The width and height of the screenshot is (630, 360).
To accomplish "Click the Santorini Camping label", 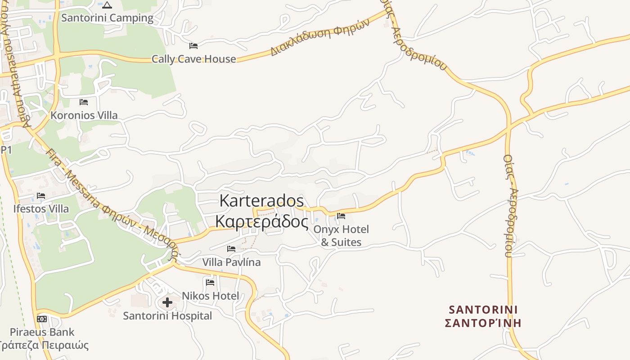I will point(107,18).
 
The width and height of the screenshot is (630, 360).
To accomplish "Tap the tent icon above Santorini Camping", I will point(107,5).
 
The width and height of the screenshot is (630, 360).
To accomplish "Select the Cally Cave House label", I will point(193,59).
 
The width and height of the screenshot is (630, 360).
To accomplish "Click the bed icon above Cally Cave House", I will point(193,46).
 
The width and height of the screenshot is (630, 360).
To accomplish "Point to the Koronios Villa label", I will point(84,115).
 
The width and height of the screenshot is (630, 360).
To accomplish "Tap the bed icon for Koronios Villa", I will point(84,103).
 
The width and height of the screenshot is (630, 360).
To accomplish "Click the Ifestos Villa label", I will point(41,209).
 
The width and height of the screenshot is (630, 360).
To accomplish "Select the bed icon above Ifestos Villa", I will point(41,196).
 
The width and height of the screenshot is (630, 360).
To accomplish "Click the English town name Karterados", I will point(261,201).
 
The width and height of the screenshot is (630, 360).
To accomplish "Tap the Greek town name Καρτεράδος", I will point(261,221).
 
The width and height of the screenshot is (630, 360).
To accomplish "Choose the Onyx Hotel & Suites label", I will point(341,236).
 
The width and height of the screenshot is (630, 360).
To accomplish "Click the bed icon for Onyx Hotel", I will point(341,216).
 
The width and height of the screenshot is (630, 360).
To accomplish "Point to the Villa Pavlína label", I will point(231,262).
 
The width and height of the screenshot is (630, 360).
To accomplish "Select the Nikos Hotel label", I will point(210,296).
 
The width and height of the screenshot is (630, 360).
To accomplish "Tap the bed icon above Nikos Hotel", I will point(210,283).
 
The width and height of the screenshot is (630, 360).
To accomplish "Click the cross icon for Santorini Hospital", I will point(167,302).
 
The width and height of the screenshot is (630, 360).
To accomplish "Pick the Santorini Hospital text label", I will point(167,316).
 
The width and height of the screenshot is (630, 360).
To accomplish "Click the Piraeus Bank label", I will point(42,332).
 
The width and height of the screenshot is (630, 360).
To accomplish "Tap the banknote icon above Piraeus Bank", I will point(42,319).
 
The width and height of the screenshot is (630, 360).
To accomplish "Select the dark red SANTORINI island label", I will point(483,310).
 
